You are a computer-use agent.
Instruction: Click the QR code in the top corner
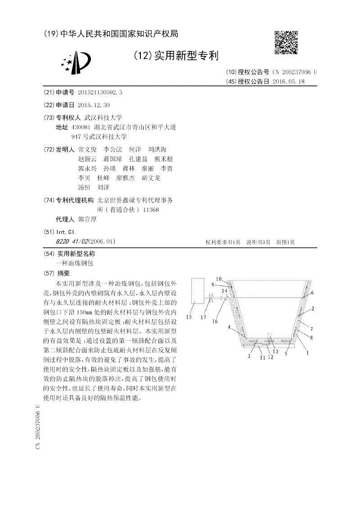tap(286, 42)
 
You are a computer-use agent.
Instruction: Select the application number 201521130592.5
tap(100, 92)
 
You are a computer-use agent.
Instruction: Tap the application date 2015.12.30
tap(94, 105)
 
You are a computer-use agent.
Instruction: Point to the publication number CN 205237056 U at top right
tap(295, 72)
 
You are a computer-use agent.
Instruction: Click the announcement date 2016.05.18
tap(288, 81)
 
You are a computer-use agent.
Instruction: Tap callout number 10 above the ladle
tap(218, 279)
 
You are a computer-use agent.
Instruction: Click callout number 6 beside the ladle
tap(312, 293)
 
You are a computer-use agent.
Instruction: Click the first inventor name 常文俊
tap(87, 149)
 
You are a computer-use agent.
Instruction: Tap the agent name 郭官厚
tap(87, 220)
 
